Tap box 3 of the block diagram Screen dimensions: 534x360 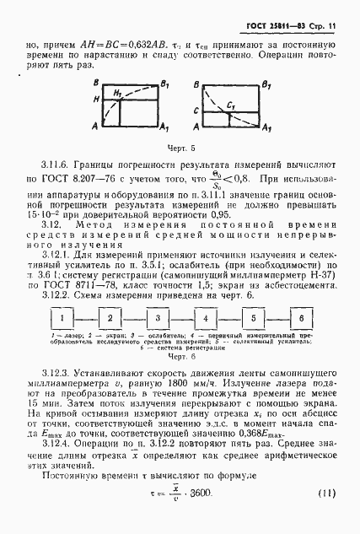[158, 318]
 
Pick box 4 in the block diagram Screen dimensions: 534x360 [205, 318]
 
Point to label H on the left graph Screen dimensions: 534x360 [98, 100]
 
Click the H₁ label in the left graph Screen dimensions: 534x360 [121, 90]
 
